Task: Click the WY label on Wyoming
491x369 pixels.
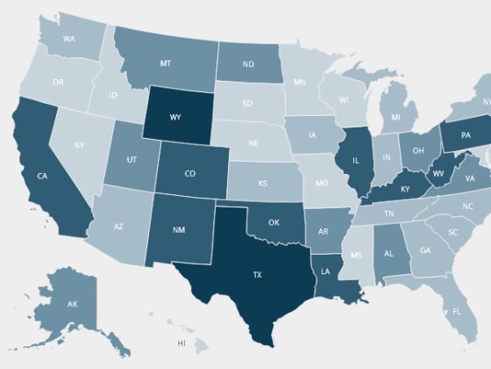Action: coord(175,117)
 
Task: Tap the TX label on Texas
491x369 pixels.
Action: coord(257,275)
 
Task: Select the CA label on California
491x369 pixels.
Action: coord(42,176)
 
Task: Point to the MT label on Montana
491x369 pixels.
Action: coord(165,63)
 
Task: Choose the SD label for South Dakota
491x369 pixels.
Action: coord(247,103)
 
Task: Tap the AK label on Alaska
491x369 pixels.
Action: coord(72,303)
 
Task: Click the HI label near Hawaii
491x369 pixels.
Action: coord(181,342)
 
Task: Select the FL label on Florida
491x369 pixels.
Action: coord(457,311)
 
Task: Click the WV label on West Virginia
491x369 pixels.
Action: coord(438,174)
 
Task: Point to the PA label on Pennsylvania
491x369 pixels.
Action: coord(465,134)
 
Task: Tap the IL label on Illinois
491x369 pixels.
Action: coord(356,162)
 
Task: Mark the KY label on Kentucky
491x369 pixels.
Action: coord(405,190)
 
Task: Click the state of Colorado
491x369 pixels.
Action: coord(189,173)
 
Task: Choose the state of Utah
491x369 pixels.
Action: coord(132,161)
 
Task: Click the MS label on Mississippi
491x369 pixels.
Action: coord(356,256)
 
